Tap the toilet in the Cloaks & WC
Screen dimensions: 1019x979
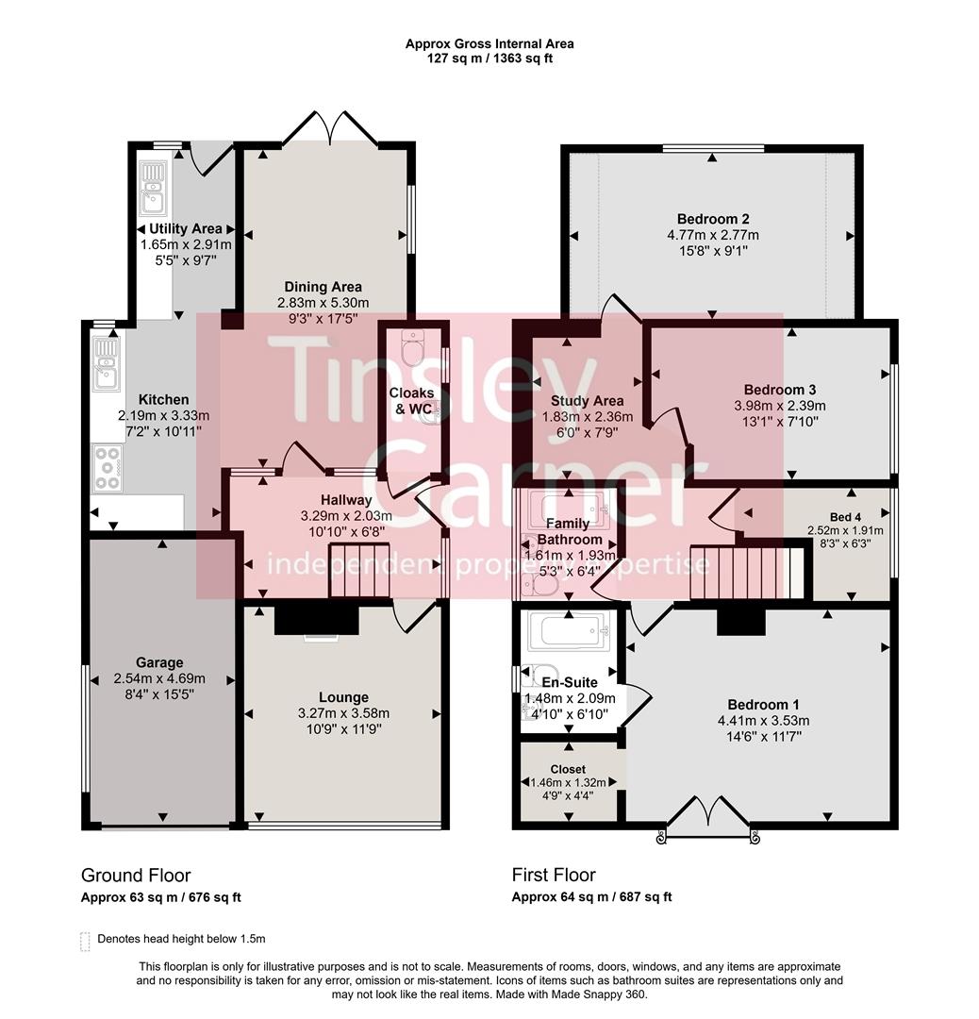coord(412,349)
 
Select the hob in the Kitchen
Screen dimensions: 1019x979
coord(107,468)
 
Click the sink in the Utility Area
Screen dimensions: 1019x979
coord(152,187)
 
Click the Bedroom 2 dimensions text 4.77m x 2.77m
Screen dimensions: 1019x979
coord(712,236)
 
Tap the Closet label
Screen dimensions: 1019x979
coord(568,769)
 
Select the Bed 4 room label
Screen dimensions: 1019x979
coord(845,516)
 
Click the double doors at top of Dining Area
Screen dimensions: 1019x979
coord(331,130)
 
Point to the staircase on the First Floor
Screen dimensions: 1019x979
coord(745,573)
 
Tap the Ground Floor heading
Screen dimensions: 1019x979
coord(136,876)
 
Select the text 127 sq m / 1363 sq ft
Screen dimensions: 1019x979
coord(489,58)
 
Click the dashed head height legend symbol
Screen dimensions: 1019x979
coord(86,940)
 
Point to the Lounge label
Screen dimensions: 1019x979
coord(343,697)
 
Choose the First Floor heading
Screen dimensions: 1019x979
coord(554,876)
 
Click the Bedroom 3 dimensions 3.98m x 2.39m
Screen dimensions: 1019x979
coord(779,406)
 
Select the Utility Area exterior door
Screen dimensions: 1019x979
coord(211,159)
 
